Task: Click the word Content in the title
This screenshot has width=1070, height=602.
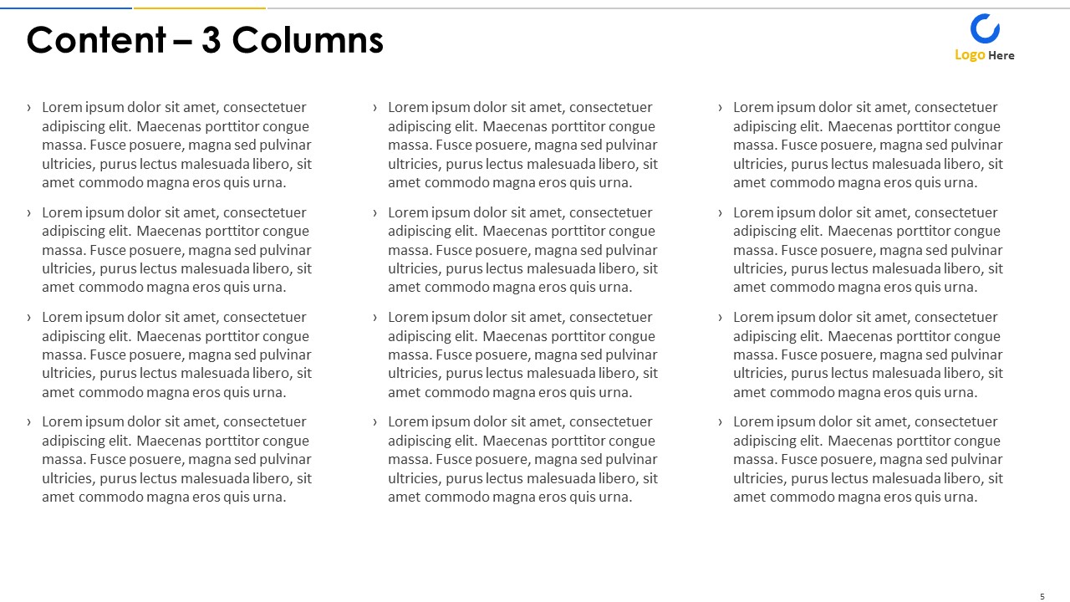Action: (x=96, y=40)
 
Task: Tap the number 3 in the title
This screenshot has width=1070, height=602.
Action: (x=211, y=40)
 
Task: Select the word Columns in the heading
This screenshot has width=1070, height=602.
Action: (x=307, y=40)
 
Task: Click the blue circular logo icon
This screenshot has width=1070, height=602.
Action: (x=985, y=28)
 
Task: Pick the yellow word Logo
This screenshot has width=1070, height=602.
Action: (x=970, y=55)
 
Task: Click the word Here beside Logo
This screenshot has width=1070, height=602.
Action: (x=1001, y=56)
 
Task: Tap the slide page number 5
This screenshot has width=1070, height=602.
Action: (x=1042, y=596)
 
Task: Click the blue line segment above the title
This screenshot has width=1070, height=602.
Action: (x=66, y=8)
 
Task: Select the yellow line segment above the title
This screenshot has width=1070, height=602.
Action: (x=200, y=8)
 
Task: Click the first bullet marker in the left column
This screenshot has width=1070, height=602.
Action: (x=29, y=108)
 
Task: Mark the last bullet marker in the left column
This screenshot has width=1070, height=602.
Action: (x=29, y=422)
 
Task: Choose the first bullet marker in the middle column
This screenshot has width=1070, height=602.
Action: (x=375, y=108)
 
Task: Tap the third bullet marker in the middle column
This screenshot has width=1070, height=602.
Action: (x=375, y=318)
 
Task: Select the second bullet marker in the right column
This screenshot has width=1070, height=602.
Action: (x=721, y=213)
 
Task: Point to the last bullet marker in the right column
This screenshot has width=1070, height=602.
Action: (x=721, y=422)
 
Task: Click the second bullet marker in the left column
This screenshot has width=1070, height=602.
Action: (x=29, y=213)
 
